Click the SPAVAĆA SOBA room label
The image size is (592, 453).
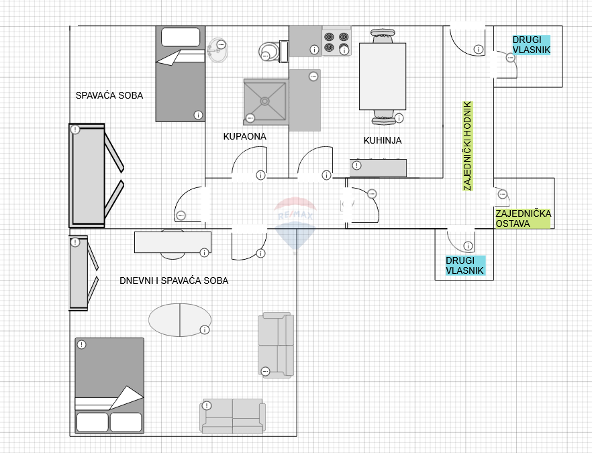[109, 95]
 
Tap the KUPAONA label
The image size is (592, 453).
[244, 136]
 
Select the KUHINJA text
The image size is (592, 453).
[383, 140]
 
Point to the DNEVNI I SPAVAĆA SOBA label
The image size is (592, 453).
[174, 281]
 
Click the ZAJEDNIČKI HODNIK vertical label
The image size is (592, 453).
[467, 146]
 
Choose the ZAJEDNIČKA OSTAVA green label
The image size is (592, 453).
[524, 219]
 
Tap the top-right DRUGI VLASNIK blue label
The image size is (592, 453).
[531, 45]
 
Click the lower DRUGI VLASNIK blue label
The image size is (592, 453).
[464, 265]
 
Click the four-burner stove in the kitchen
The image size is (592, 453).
[336, 42]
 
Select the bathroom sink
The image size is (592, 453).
[218, 50]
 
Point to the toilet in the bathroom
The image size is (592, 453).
[273, 52]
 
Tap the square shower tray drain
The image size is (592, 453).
[264, 101]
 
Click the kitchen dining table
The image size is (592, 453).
[383, 77]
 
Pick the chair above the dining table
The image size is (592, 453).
[383, 37]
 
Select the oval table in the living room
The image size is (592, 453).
[180, 319]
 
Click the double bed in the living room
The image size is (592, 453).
[109, 386]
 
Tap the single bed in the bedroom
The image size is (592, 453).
[181, 74]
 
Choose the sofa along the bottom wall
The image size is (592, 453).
[232, 416]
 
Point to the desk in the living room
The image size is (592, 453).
[173, 242]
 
